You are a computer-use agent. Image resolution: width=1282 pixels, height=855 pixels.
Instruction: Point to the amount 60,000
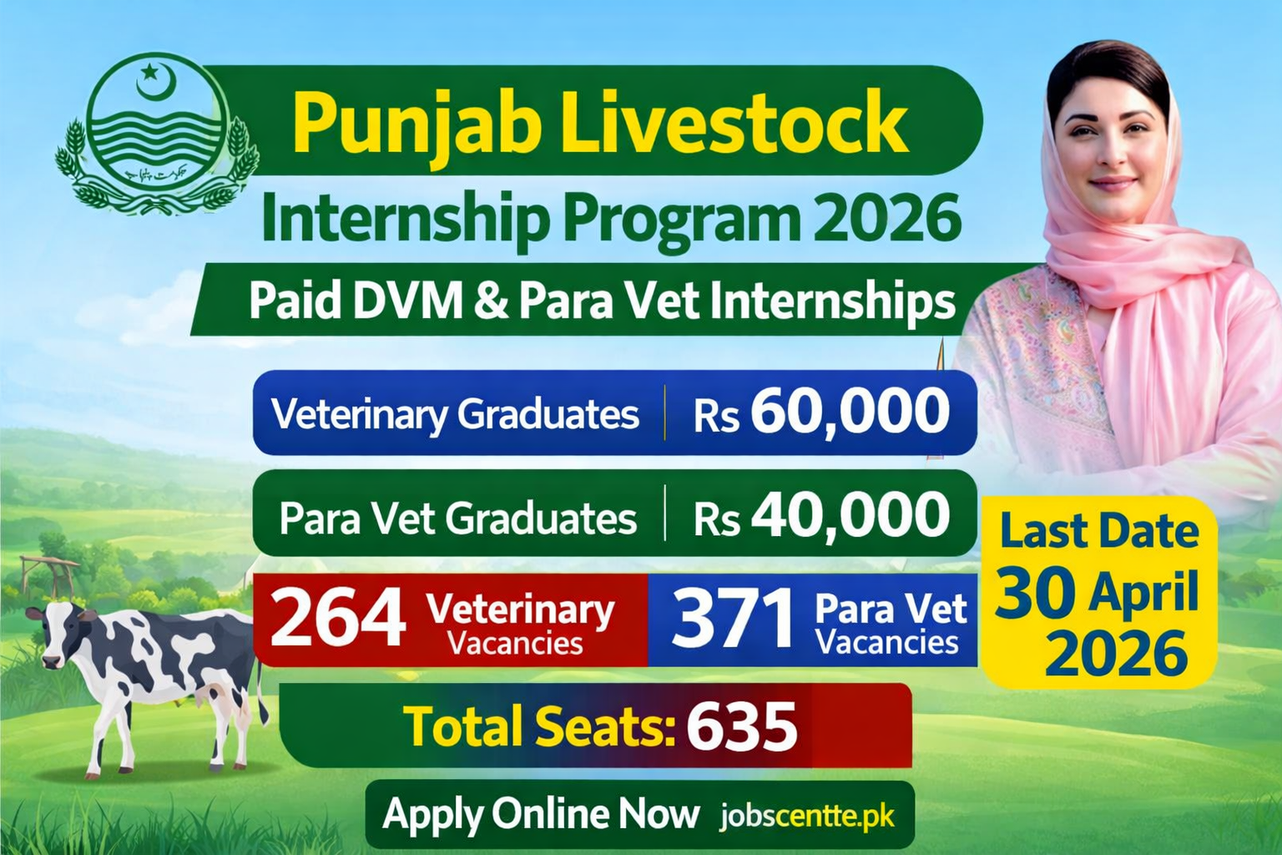point(850,412)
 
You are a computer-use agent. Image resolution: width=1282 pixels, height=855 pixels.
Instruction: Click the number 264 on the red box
point(338,619)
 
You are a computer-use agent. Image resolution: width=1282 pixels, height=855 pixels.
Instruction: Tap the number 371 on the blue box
point(733,619)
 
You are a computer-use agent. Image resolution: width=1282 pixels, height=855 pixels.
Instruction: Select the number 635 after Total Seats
point(741,726)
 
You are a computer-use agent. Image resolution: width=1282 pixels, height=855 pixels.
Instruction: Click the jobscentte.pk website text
point(807,816)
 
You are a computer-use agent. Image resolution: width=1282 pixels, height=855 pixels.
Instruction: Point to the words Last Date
point(1098,532)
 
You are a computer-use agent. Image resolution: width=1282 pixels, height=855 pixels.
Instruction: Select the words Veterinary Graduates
point(456,414)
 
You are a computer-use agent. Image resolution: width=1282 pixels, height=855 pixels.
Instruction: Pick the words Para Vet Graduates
point(457,518)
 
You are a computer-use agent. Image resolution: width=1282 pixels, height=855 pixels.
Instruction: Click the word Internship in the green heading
point(406,219)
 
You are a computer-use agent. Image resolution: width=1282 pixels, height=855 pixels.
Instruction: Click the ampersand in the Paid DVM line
point(490,301)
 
